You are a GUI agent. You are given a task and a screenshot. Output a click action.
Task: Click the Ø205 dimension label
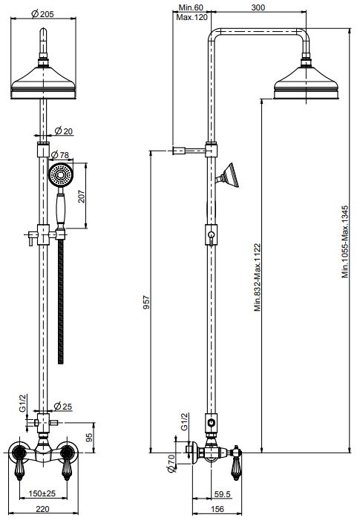click(x=42, y=14)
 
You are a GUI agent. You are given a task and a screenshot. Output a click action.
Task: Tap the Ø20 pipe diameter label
click(x=64, y=131)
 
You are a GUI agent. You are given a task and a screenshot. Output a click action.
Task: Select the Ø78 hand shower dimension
click(x=59, y=155)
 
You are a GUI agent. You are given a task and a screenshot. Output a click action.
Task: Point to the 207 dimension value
click(x=82, y=196)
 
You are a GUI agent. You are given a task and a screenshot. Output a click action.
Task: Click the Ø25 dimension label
click(x=63, y=407)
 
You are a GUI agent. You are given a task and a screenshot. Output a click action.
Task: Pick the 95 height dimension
click(x=89, y=438)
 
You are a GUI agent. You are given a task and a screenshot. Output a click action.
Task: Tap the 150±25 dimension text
click(x=42, y=493)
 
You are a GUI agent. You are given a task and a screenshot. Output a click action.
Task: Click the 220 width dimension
click(x=42, y=509)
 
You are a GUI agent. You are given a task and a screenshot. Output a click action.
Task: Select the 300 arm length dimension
click(x=258, y=7)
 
